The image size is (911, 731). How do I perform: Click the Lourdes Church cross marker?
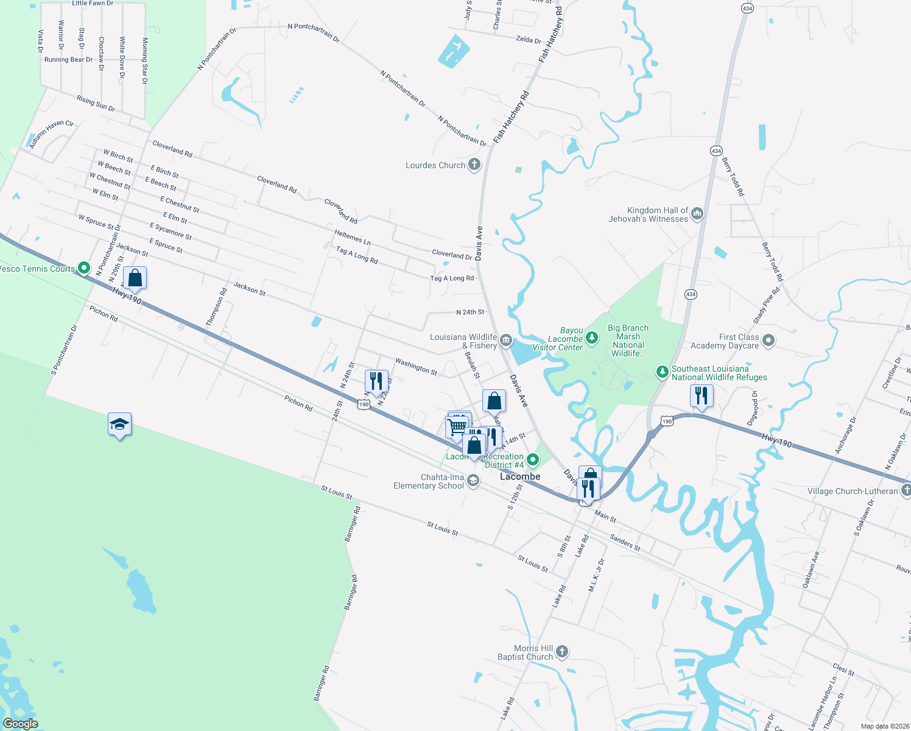pos(474,164)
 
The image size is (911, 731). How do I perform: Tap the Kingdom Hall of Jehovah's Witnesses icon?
pos(697,214)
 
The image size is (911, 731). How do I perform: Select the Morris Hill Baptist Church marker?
pos(561,652)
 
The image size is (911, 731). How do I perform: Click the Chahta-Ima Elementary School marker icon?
pos(473,481)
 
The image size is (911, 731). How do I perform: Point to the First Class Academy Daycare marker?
pos(768,341)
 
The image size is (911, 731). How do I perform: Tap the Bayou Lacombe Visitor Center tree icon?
pos(591,337)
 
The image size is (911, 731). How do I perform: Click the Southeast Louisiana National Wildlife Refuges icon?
pos(663,372)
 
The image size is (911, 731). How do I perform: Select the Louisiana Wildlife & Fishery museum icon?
pos(506,341)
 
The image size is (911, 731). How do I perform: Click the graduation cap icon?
pos(119,424)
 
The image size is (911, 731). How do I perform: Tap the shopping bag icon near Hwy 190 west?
pos(135,278)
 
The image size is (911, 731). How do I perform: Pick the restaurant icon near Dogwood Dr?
pos(702,395)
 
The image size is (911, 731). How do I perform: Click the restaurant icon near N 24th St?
pos(376,381)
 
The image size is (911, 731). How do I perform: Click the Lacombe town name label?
pos(520,476)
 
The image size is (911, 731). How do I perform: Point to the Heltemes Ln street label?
pos(352,237)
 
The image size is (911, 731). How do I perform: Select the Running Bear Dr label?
pos(68,60)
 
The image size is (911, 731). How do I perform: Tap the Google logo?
pos(21,724)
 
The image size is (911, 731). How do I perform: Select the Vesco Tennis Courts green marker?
pos(84,267)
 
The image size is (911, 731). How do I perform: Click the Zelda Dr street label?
pos(528,40)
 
